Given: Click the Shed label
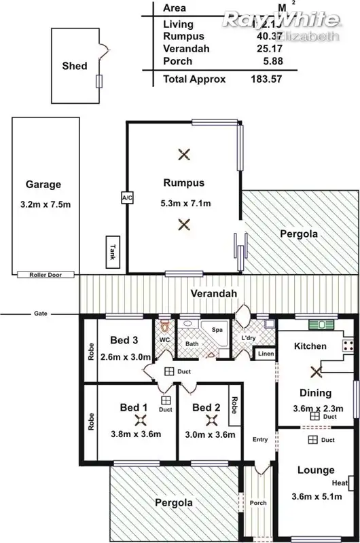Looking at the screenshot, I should pyautogui.click(x=74, y=66).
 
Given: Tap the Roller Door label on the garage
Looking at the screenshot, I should pyautogui.click(x=46, y=275).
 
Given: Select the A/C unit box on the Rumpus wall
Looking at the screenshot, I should pyautogui.click(x=126, y=198).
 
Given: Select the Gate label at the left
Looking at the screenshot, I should pyautogui.click(x=40, y=314).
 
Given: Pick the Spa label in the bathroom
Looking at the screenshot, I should pyautogui.click(x=217, y=330).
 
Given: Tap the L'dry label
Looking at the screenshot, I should pyautogui.click(x=248, y=337).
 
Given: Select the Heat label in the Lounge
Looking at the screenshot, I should pyautogui.click(x=340, y=483).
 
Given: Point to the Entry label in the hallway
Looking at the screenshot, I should pyautogui.click(x=260, y=439).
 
